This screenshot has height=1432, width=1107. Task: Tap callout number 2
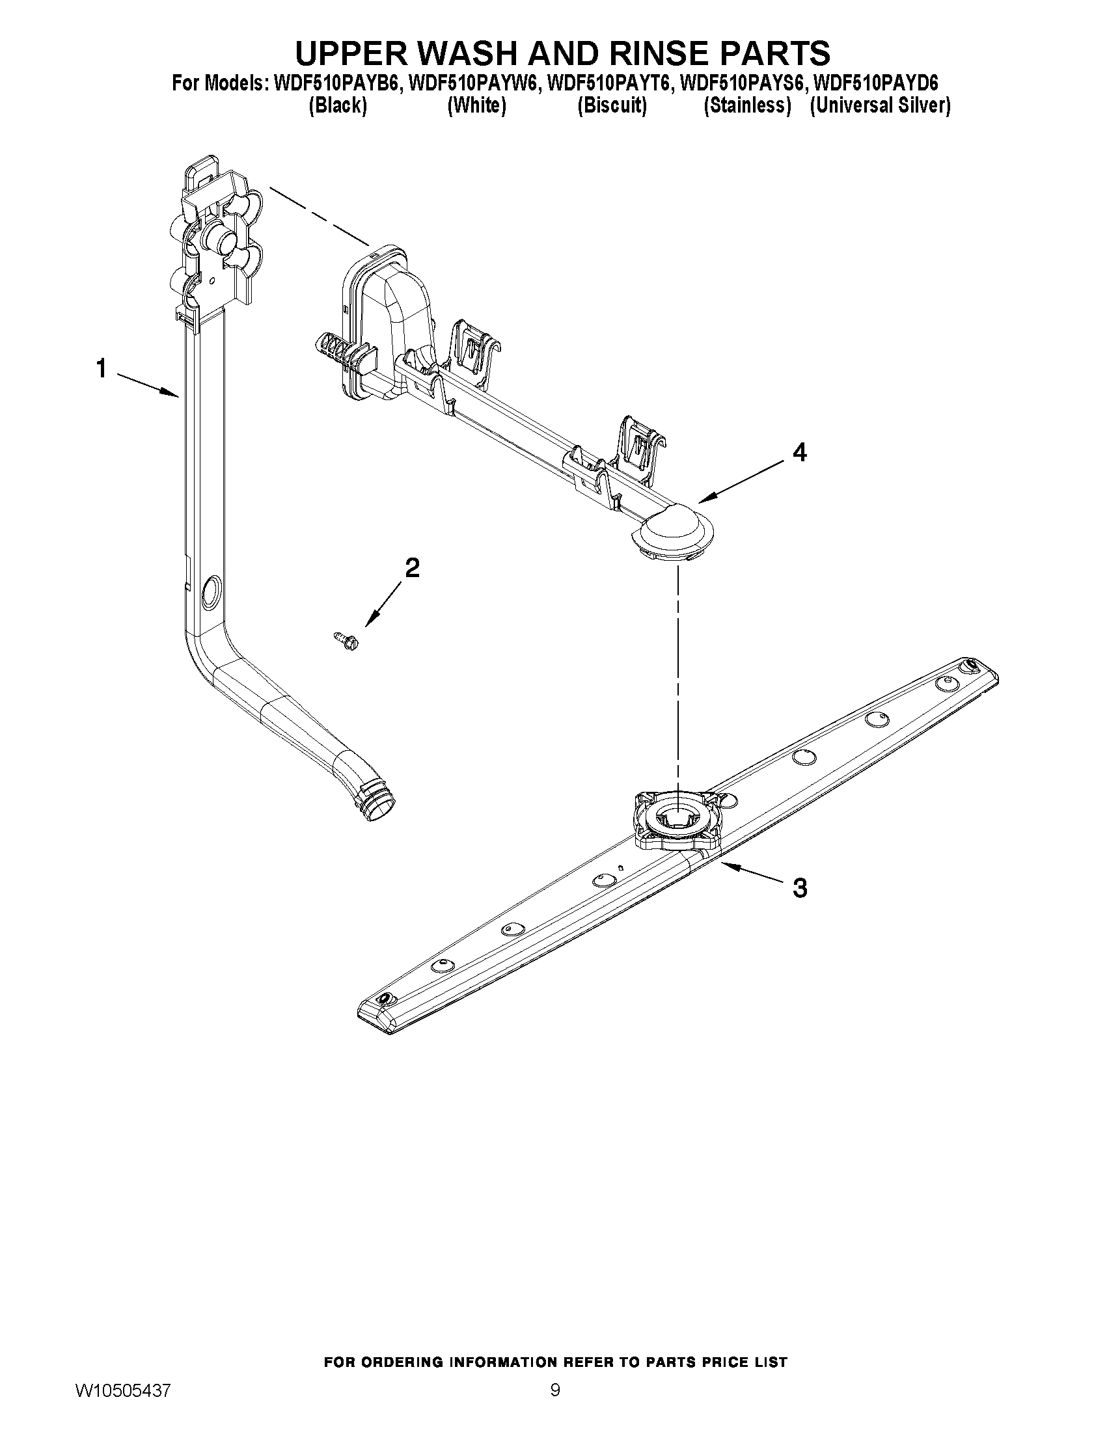point(412,567)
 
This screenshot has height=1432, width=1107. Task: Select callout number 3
point(799,888)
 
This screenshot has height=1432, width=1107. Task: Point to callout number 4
point(799,452)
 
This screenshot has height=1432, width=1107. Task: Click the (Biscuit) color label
point(611,105)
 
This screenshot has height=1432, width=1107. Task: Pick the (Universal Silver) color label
point(879,105)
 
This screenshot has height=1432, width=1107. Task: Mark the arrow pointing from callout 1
point(149,385)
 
